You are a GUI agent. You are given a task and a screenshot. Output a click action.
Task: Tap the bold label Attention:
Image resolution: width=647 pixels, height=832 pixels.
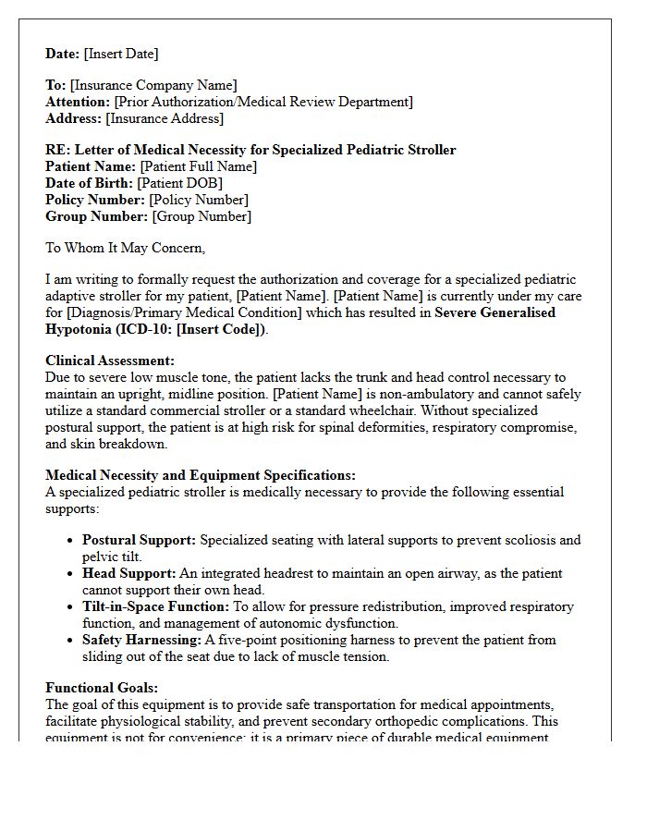[x=78, y=102]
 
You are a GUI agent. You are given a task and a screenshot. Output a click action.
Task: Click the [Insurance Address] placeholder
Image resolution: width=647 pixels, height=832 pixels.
[x=165, y=118]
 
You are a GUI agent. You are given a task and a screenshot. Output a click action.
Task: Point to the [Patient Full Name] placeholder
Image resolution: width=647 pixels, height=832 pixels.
[x=198, y=166]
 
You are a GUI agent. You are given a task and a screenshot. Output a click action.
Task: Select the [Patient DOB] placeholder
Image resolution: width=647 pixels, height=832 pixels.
[x=179, y=183]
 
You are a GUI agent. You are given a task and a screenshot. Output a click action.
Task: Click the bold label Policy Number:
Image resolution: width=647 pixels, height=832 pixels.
[x=95, y=200]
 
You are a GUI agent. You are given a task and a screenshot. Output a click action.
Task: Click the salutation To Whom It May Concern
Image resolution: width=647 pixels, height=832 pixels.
[x=125, y=248]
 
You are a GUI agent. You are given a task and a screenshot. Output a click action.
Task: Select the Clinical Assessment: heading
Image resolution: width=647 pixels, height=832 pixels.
[x=109, y=361]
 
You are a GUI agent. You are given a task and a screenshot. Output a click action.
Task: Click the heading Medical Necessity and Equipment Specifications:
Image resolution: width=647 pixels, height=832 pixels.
[x=200, y=475]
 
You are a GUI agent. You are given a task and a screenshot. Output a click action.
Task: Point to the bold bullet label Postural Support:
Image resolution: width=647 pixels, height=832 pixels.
[x=139, y=540]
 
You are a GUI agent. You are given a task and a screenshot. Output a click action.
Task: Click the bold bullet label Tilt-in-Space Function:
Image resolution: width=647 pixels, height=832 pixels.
[x=155, y=606]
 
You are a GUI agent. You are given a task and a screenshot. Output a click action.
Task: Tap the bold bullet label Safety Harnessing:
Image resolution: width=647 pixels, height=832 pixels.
[x=141, y=640]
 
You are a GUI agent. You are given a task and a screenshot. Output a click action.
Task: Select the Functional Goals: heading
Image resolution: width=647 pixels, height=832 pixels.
[x=102, y=688]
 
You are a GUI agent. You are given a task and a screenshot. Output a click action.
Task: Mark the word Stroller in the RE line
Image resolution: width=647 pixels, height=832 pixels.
[x=429, y=150]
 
